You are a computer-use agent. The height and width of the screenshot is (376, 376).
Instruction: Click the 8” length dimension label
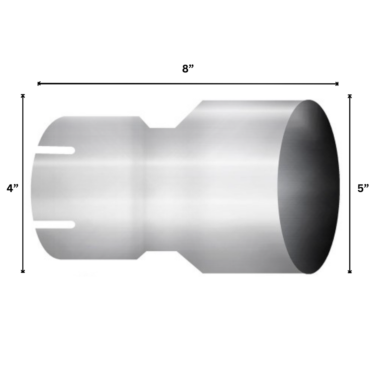click(188, 69)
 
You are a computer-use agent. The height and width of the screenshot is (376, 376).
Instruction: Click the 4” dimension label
click(12, 188)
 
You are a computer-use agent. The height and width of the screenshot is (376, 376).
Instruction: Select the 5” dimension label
click(363, 188)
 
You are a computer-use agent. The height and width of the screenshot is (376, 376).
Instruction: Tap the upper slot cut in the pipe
click(56, 150)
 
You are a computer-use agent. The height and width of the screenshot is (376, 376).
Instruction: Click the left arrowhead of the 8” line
click(39, 84)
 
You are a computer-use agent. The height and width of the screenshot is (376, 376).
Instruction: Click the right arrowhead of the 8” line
click(337, 84)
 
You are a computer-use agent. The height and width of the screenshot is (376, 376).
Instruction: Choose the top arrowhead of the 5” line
click(350, 96)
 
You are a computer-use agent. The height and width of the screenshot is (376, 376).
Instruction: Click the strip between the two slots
click(55, 187)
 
